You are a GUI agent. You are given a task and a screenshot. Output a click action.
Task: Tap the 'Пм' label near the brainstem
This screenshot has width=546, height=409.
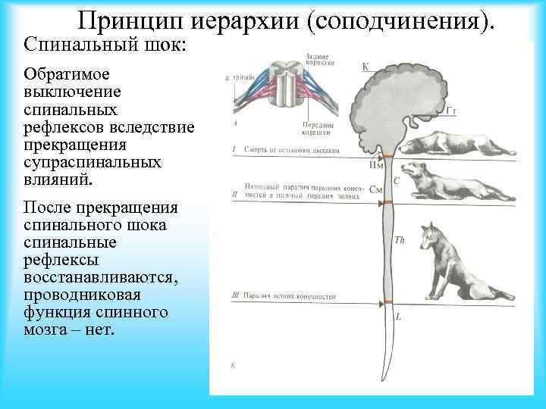click(375, 164)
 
